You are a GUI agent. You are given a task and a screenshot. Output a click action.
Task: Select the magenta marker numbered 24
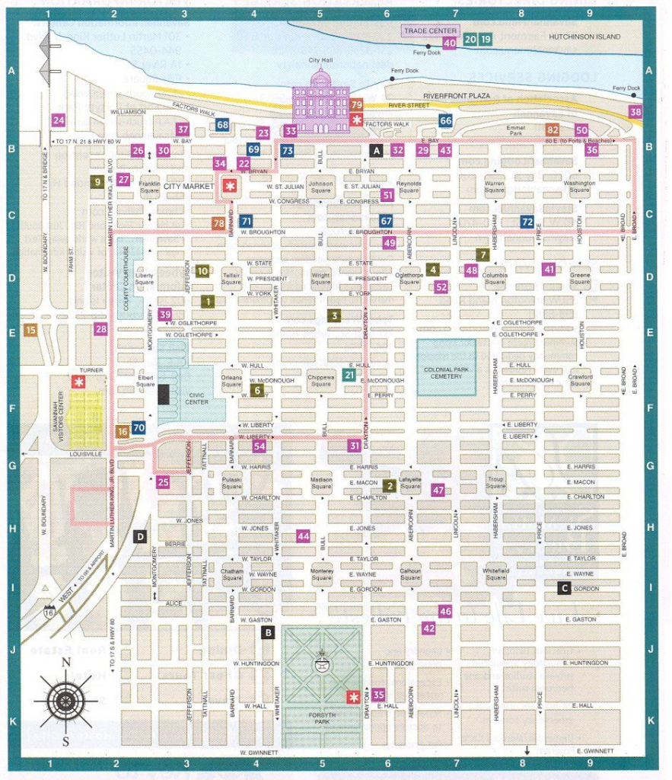(59, 120)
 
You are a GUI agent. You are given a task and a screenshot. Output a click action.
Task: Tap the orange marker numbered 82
(553, 130)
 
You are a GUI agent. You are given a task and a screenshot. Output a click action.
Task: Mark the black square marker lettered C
(564, 587)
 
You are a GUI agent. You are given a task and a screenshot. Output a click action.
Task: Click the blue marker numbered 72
(527, 222)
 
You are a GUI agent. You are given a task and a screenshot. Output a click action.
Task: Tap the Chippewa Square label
(321, 380)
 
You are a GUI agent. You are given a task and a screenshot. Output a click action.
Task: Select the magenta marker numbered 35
(378, 694)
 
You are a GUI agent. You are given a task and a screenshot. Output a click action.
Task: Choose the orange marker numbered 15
(30, 330)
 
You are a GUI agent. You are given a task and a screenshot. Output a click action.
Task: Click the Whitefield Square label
(495, 574)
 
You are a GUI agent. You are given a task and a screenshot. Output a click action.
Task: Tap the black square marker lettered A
(376, 151)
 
